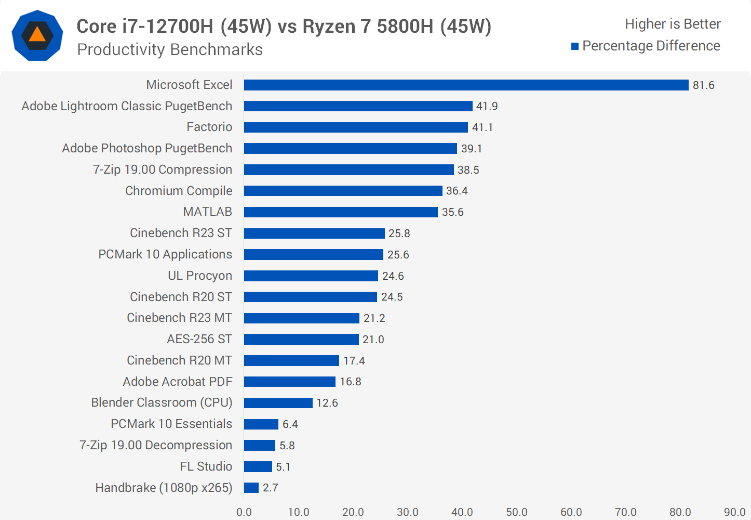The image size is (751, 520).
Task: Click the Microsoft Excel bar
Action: point(466,85)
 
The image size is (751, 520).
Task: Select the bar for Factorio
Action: point(356,127)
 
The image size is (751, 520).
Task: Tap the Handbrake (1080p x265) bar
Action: point(251,488)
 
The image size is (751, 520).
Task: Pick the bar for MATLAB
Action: point(341,212)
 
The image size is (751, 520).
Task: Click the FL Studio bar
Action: point(258,466)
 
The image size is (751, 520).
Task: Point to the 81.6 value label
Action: point(703,85)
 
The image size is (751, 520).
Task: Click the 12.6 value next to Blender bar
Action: point(327,403)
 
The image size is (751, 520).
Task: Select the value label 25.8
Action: point(399,233)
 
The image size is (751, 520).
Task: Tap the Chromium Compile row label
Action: point(179,191)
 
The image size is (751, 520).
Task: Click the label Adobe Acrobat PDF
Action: point(177,382)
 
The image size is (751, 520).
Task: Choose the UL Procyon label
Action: point(199,276)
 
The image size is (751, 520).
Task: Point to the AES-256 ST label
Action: point(199,339)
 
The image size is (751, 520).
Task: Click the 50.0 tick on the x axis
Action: point(517,512)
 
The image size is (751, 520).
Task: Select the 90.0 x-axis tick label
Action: point(734,512)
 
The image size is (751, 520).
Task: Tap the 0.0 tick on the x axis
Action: point(244,512)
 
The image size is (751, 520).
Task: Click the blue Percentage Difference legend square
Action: point(575,46)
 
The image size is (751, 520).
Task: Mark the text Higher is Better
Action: point(673,24)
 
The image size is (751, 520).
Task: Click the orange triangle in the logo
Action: point(37,35)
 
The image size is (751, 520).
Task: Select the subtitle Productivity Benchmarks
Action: point(170,49)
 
